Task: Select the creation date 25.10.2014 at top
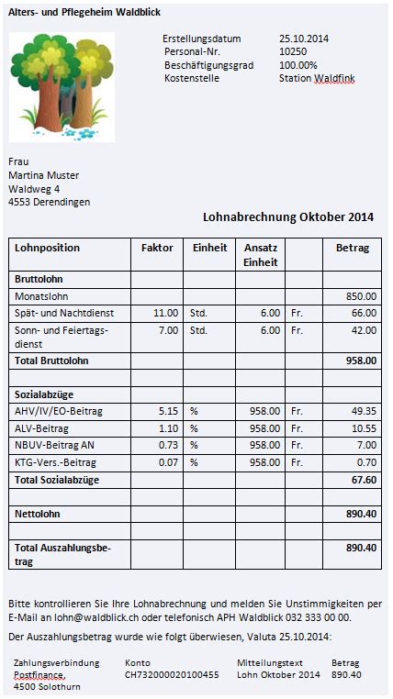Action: point(303,39)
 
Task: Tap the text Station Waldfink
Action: point(316,79)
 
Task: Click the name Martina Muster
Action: point(43,175)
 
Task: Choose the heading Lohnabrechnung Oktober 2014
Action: point(287,217)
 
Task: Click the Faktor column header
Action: point(156,249)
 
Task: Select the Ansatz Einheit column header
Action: point(261,255)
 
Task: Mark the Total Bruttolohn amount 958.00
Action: point(360,361)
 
